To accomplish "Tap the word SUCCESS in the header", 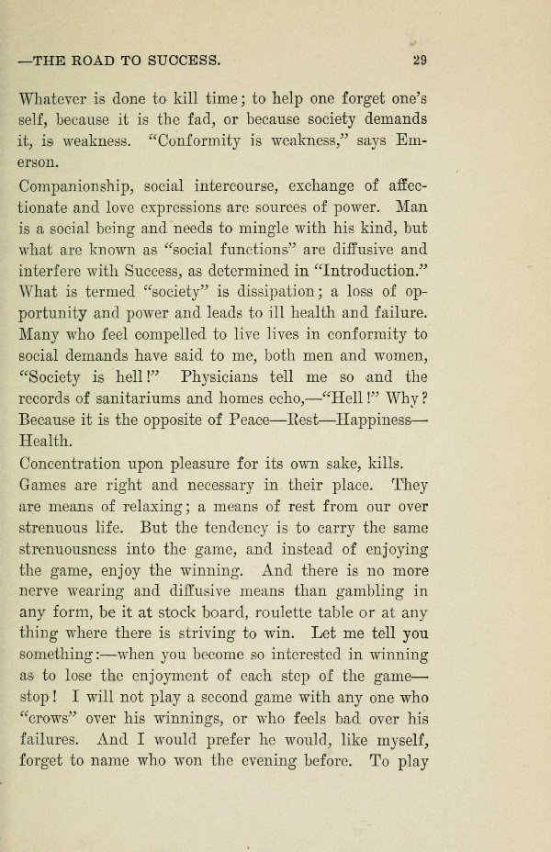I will tap(184, 62).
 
